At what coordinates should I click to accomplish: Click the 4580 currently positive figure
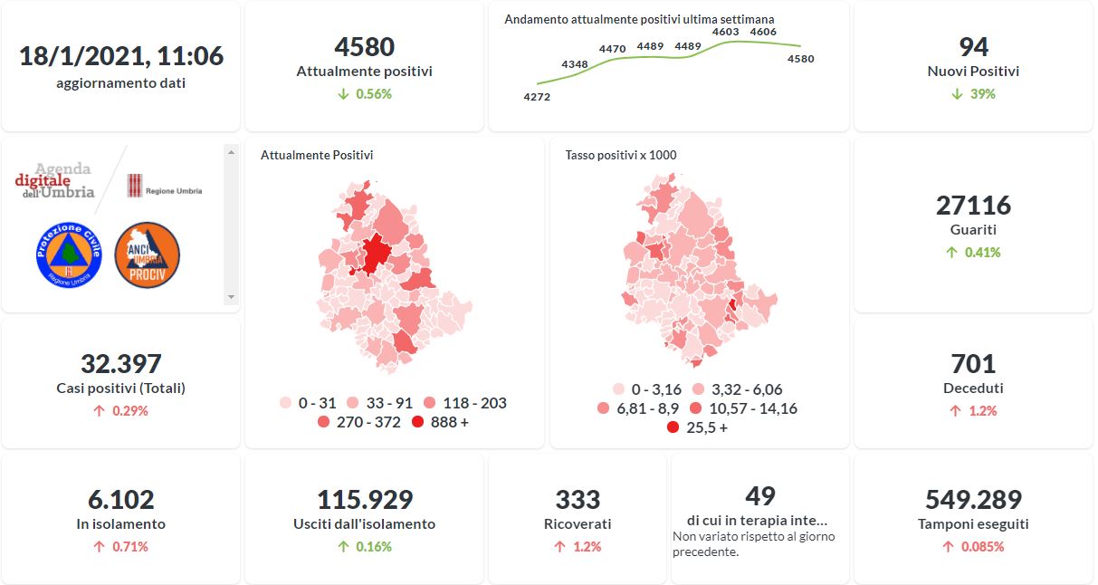click(x=364, y=46)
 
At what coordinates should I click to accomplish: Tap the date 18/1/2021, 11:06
click(x=121, y=56)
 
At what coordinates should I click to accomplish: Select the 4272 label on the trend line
click(x=537, y=97)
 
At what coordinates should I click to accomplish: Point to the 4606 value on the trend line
click(x=763, y=32)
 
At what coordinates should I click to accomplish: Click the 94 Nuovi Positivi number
click(x=973, y=46)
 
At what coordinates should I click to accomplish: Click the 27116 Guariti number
click(x=973, y=206)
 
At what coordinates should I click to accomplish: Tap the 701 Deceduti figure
click(x=973, y=364)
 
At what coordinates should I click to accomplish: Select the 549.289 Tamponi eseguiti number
click(x=973, y=499)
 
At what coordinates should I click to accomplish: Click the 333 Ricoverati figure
click(x=578, y=499)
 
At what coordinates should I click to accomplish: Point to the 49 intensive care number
click(x=760, y=495)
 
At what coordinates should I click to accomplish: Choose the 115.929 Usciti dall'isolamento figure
click(x=365, y=499)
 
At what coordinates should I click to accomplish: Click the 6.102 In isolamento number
click(x=120, y=499)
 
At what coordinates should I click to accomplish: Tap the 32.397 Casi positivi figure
click(x=120, y=364)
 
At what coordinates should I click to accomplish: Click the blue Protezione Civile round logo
click(x=68, y=255)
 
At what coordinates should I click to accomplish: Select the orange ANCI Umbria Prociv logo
click(x=148, y=255)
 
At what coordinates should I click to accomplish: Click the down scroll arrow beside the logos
click(x=231, y=296)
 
